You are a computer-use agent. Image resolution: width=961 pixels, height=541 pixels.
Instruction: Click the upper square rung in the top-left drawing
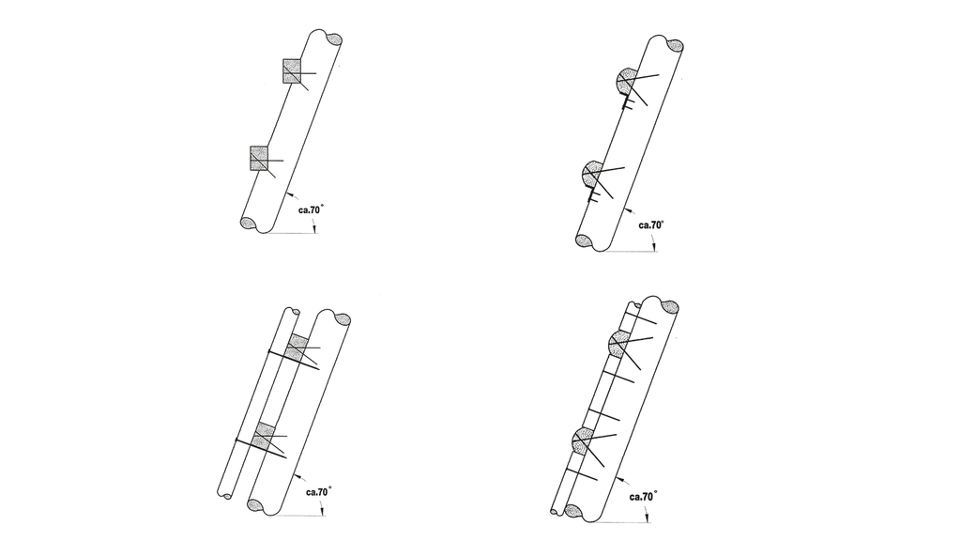pos(292,71)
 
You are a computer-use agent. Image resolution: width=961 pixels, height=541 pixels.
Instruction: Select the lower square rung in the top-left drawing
pos(259,158)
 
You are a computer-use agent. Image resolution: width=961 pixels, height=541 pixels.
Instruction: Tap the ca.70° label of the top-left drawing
pos(311,209)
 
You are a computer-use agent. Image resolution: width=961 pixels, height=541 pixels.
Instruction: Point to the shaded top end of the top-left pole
pos(334,39)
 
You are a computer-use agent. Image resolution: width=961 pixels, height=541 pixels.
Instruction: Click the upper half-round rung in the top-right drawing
pos(625,83)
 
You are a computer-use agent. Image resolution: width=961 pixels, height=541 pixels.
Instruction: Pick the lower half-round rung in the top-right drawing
pos(591,174)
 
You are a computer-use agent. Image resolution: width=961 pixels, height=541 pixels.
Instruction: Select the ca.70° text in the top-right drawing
pos(651,225)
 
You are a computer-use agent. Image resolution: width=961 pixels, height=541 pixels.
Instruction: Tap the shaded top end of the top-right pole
pos(675,46)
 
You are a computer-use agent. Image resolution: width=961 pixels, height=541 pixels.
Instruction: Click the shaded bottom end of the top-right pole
pos(584,240)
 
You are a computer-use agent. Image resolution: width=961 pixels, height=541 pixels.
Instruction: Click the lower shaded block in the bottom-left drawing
pos(265,436)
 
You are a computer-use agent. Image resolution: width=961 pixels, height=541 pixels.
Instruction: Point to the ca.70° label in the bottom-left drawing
pos(319,492)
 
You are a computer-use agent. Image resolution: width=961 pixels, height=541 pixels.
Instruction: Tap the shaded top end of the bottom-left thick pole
pos(343,319)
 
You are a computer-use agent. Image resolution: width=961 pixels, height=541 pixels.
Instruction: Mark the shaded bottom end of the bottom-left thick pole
pos(255,505)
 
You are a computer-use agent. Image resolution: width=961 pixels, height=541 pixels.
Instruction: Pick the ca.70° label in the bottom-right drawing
pos(643,496)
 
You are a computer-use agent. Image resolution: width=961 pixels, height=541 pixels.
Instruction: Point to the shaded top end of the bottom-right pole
pos(670,307)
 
